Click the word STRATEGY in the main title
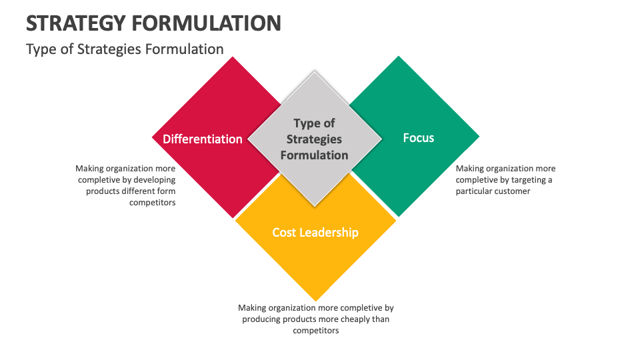point(75,23)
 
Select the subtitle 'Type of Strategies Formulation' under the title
point(125,49)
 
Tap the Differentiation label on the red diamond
point(203,139)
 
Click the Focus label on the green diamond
point(419,138)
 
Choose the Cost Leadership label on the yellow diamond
point(315,232)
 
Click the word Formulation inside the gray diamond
point(314,155)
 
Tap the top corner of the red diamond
point(233,57)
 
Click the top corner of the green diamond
point(399,57)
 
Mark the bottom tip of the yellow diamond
point(315,301)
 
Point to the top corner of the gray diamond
point(315,72)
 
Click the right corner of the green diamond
point(479,137)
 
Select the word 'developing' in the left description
point(155,180)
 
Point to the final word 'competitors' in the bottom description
point(316,330)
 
